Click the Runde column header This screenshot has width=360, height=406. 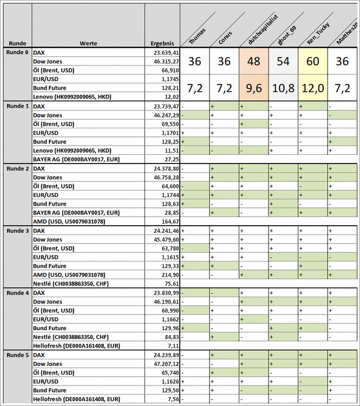point(16,43)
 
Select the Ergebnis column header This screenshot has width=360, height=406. point(162,43)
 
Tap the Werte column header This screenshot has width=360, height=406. point(88,43)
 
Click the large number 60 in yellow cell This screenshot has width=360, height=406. point(312,62)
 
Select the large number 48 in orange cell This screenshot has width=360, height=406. point(253,62)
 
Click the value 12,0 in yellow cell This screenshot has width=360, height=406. point(312,88)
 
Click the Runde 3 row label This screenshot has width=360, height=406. point(17,231)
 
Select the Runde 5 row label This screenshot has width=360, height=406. point(17,355)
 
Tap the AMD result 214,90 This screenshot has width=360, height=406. point(169,275)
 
